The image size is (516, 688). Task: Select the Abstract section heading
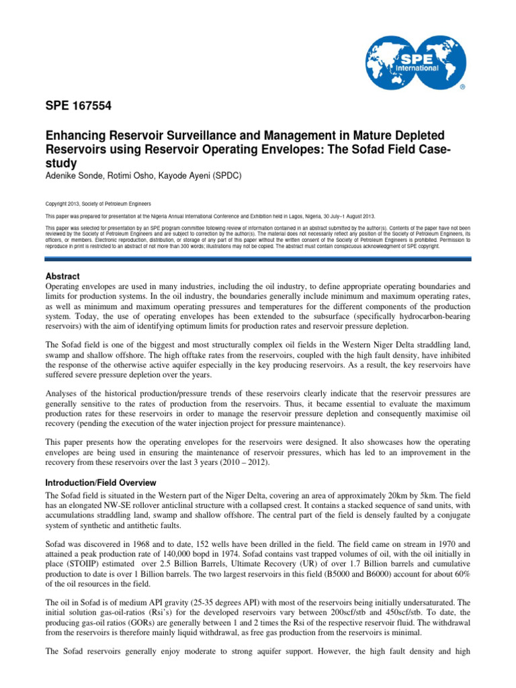pos(62,276)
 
